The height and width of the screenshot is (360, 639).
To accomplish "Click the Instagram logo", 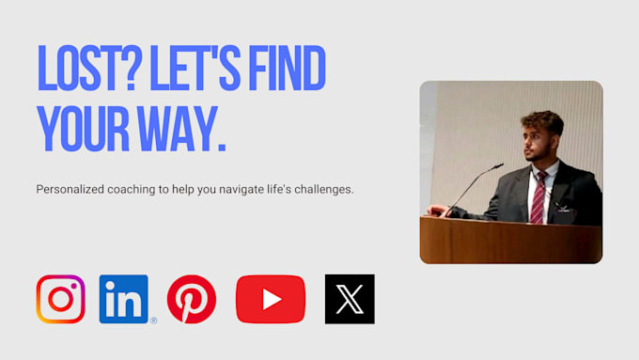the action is tap(61, 299).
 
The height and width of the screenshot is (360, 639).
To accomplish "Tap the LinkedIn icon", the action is tap(123, 299).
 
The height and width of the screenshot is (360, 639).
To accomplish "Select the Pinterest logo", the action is tap(192, 299).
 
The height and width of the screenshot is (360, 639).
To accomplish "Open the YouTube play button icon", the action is tap(271, 299).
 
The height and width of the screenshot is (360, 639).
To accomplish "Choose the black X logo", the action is tap(350, 299).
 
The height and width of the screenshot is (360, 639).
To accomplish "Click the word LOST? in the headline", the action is tap(89, 68).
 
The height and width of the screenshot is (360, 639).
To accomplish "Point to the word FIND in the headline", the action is tap(287, 68).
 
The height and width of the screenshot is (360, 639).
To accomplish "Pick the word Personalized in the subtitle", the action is tap(70, 190).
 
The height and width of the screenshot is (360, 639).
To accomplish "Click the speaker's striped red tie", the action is tap(538, 197).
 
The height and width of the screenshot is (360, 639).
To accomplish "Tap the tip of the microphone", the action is tap(502, 164).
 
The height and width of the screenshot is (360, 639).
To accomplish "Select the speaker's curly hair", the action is tap(544, 121).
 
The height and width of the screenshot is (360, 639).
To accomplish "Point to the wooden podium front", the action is tap(511, 240).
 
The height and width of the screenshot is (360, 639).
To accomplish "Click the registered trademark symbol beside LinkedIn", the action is tap(153, 321).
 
